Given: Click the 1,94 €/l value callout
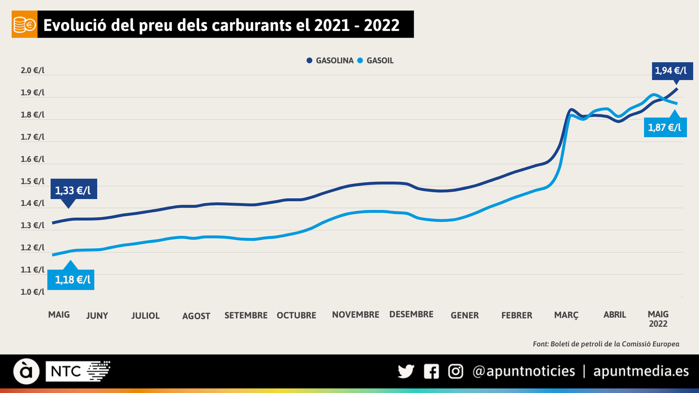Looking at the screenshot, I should (672, 71).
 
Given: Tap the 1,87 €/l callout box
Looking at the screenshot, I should (665, 128).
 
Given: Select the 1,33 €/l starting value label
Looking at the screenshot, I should (73, 190).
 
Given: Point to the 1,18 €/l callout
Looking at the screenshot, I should (73, 279).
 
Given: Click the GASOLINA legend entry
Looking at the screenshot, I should (330, 61).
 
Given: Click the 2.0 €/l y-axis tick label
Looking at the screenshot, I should (33, 70).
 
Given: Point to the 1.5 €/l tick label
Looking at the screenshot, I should (33, 181).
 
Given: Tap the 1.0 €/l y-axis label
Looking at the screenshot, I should (33, 292).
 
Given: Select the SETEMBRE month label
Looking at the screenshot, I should (246, 315).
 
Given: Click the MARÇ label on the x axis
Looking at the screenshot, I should (566, 315).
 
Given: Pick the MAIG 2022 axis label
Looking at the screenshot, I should (658, 319).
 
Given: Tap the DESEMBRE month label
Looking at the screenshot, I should (411, 314).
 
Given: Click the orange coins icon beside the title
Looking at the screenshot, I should (24, 25).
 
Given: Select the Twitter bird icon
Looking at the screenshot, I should (406, 372).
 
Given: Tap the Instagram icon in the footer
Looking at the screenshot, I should (456, 372).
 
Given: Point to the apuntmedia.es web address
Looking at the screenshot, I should (641, 371).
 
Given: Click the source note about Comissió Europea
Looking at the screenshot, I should (606, 344).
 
